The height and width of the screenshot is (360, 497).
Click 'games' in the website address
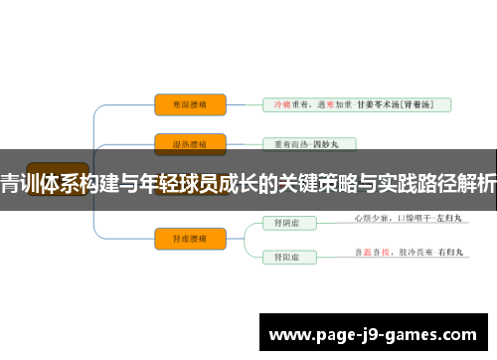tap(437, 334)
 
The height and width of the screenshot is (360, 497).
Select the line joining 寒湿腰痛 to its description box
tap(244, 103)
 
